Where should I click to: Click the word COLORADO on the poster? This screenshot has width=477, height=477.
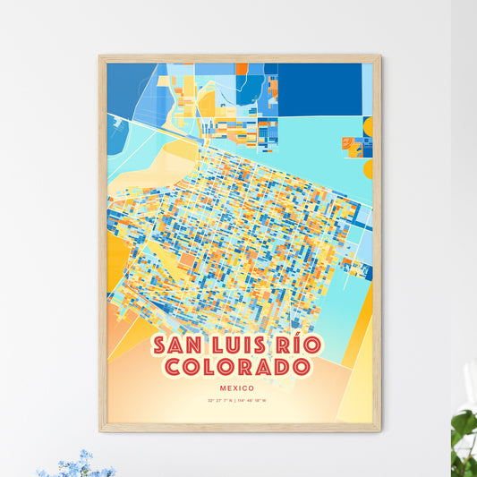point(238,367)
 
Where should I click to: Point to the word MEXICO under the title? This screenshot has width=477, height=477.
point(238,388)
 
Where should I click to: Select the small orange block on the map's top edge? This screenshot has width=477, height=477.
point(242,68)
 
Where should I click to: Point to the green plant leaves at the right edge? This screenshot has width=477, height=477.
point(464,430)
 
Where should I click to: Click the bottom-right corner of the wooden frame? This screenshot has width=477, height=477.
point(379,430)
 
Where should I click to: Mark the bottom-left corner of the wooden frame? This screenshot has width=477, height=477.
point(101,430)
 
